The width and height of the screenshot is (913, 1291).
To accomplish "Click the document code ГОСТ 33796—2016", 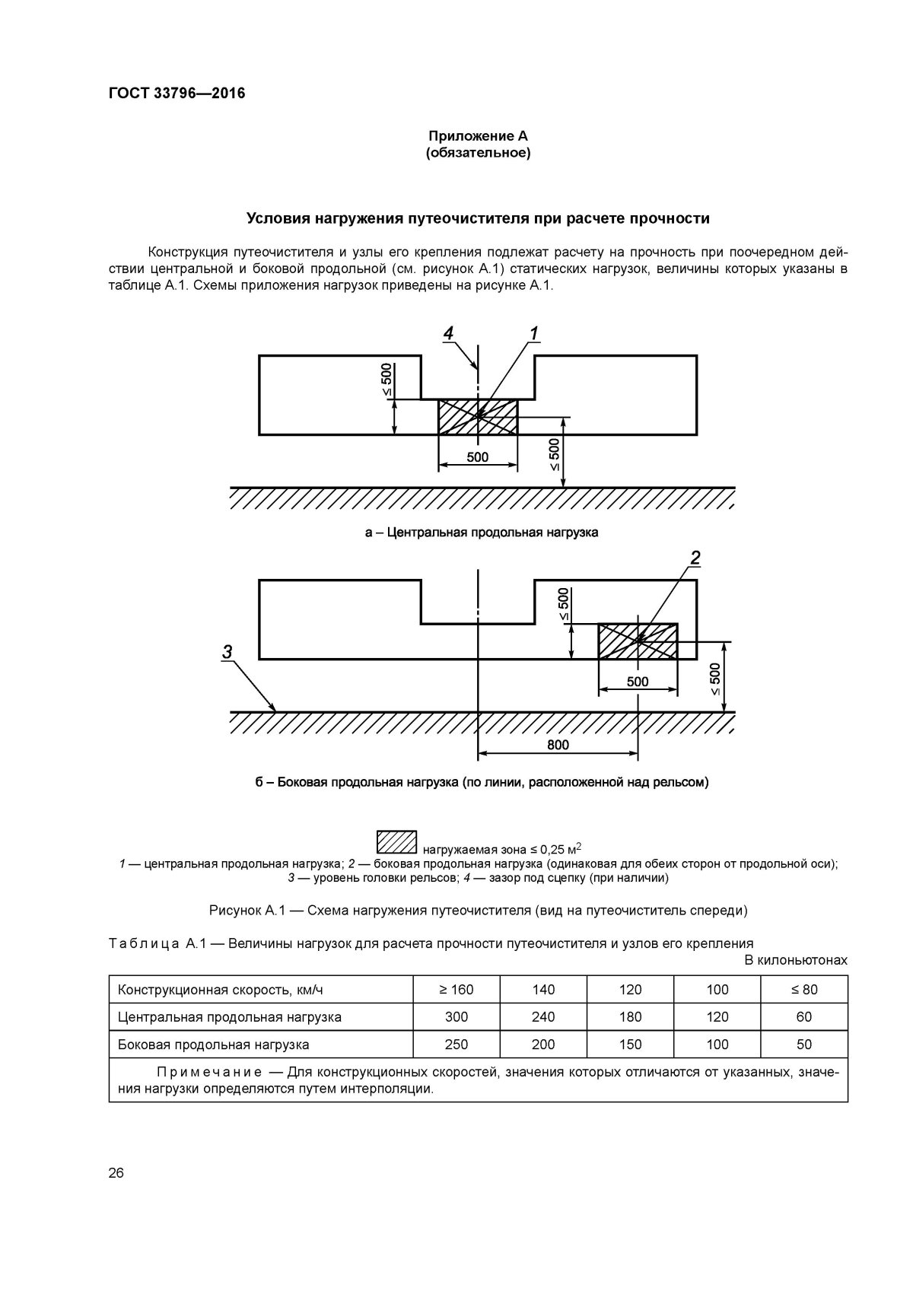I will point(171,94).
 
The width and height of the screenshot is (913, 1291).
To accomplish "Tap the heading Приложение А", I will point(478,136).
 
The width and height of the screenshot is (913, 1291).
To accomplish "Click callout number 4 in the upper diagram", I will point(449,333).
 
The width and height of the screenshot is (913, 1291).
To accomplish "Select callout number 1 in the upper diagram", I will point(533,333).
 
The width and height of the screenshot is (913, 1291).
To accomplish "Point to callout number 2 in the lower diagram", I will point(695,558).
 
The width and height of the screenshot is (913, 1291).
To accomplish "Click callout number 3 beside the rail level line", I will point(227,651).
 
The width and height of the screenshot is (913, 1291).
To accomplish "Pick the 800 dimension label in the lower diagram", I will point(558,745).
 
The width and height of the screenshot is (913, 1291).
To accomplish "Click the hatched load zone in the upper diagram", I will point(478,417).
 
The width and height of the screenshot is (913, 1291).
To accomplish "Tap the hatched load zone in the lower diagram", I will point(638,641).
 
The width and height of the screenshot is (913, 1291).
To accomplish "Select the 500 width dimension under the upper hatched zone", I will point(478,458).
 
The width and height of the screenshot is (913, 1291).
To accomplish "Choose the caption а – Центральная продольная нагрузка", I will point(481,533).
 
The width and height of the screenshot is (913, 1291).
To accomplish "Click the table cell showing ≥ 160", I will point(456,990).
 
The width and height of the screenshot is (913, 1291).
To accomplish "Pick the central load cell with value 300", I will point(456,1017).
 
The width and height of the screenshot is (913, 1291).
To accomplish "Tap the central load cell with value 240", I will point(543,1017).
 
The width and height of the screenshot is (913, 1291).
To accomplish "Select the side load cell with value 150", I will point(630,1045).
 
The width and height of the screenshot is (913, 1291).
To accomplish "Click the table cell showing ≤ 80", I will point(803,990).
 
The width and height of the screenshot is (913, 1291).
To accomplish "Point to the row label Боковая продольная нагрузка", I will point(214,1045).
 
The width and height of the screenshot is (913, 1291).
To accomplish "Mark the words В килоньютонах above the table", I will point(796,960).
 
